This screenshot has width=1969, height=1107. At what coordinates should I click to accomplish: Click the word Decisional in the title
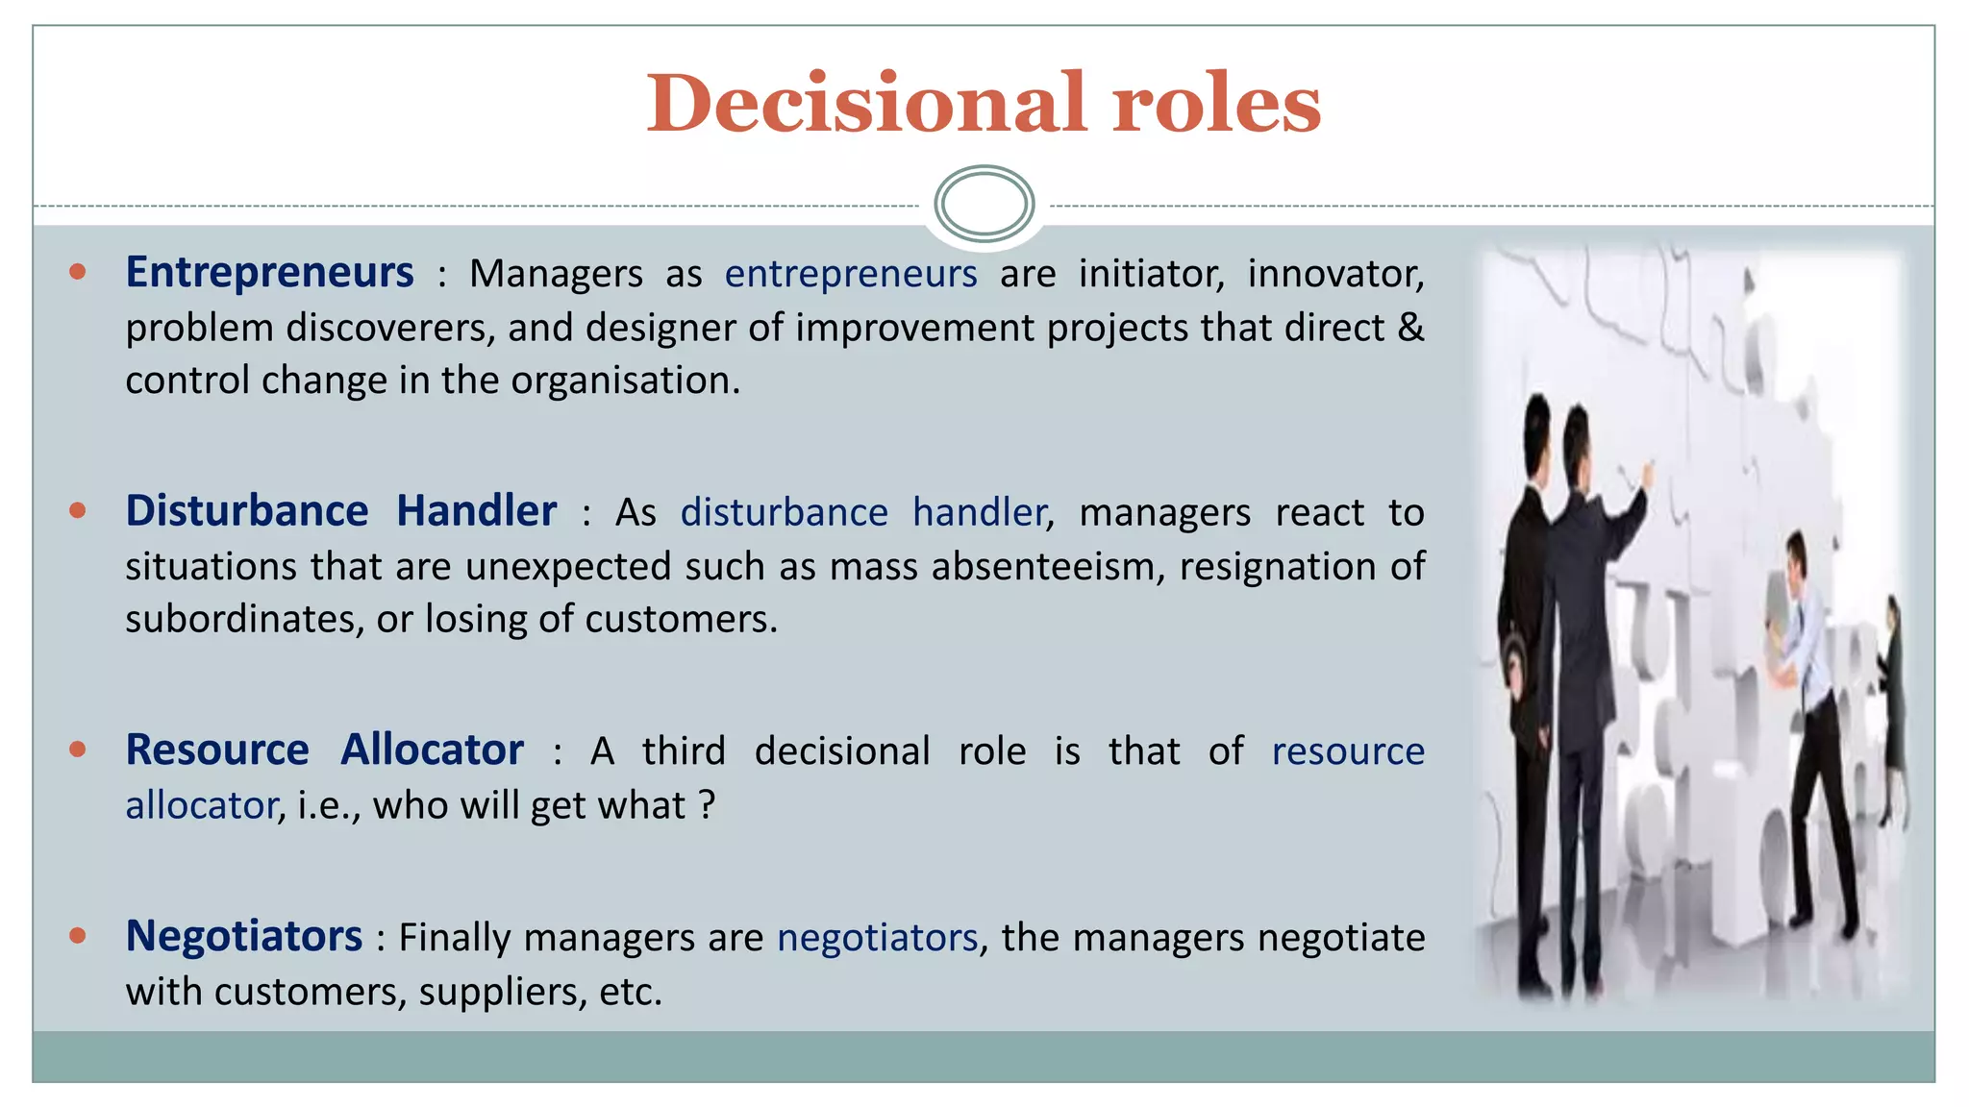coord(866,104)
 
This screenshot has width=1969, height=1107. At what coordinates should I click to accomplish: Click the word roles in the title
coord(1216,104)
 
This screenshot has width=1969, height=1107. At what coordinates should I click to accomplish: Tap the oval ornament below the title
coord(984,204)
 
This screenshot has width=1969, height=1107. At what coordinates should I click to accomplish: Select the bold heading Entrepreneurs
coord(269,273)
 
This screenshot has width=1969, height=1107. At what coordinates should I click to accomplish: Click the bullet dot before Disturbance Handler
coord(78,510)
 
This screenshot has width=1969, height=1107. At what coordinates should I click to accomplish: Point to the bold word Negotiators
coord(244,937)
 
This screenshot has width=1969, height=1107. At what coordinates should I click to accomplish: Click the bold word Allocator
coord(432,750)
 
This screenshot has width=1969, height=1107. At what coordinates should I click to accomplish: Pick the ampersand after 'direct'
coord(1410,327)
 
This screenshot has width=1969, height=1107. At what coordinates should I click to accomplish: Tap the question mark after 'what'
coord(707,804)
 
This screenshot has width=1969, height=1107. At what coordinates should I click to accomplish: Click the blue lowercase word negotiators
coord(877,938)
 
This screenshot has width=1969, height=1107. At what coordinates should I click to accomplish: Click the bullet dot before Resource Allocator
coord(78,749)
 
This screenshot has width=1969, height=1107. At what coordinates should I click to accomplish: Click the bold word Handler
coord(476,511)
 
